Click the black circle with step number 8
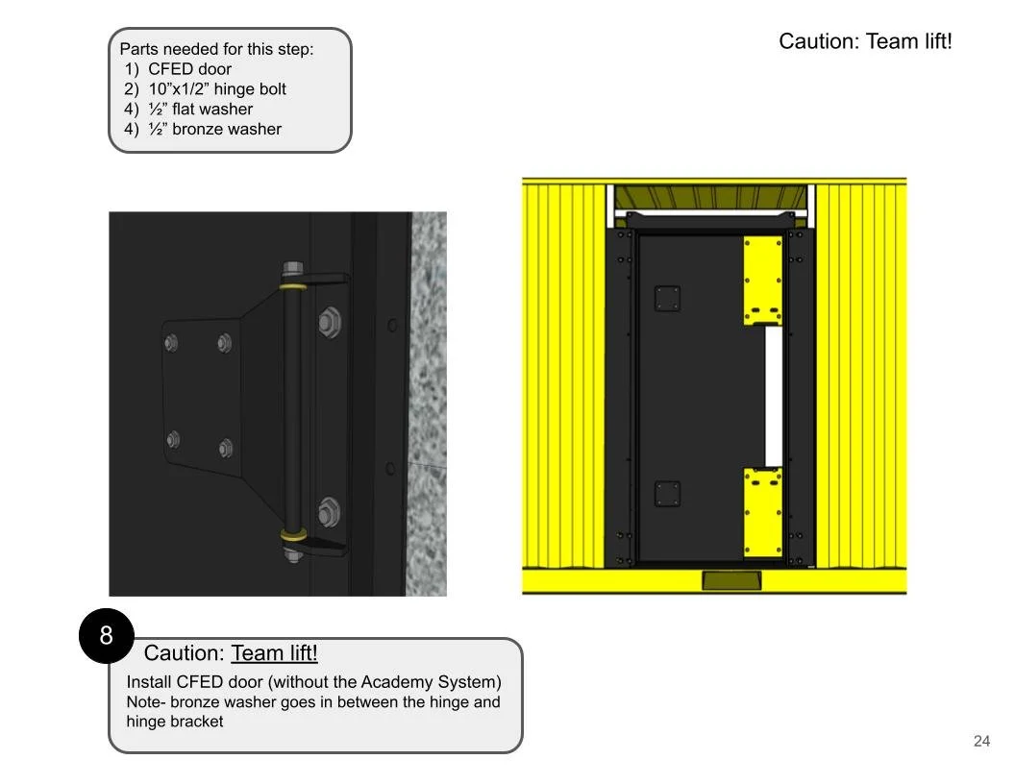tap(106, 635)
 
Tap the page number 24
tap(981, 741)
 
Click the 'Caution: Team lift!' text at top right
tap(865, 41)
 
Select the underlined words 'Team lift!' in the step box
tap(274, 653)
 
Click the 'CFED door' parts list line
tap(188, 69)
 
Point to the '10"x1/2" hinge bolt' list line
tap(216, 89)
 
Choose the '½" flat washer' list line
tap(200, 110)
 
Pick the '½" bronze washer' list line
tap(213, 130)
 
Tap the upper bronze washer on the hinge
tap(293, 284)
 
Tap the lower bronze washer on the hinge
tap(293, 533)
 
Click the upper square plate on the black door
tap(667, 299)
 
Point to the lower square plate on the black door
tap(667, 494)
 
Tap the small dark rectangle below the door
tap(731, 580)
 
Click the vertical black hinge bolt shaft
tap(292, 408)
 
